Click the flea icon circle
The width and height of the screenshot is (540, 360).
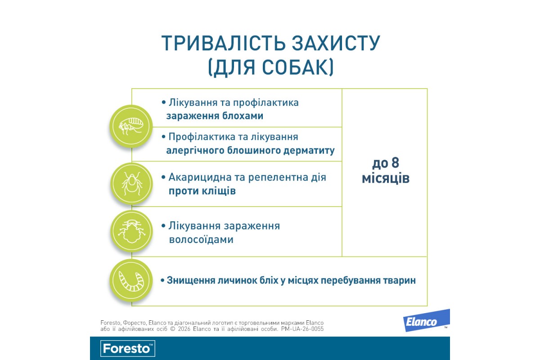tap(131, 126)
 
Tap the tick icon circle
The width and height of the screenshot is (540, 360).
tap(131, 184)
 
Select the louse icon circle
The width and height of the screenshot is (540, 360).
tap(131, 231)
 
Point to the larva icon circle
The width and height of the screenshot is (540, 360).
tap(131, 281)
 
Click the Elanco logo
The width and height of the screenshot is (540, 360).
tap(426, 321)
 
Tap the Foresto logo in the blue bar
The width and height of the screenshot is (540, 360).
tap(128, 348)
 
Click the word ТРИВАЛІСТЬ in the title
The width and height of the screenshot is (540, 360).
tap(224, 43)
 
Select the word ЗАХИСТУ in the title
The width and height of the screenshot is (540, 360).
tap(336, 43)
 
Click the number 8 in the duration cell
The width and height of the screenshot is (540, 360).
tap(395, 163)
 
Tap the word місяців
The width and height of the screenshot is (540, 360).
tap(386, 179)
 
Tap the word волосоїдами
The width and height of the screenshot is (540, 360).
tap(201, 240)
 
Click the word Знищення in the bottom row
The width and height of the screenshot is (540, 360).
tap(191, 281)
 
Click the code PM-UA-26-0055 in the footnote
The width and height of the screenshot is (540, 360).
tap(302, 329)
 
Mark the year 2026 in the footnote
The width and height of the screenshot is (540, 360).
tap(184, 329)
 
